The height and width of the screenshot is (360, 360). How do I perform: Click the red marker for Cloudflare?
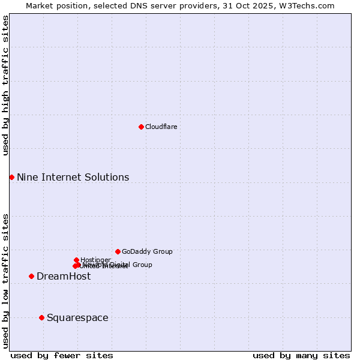(141, 127)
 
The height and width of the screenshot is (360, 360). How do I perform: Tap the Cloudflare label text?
(161, 127)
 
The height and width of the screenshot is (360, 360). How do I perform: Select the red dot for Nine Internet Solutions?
(11, 177)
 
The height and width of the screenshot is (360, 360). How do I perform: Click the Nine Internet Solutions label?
(73, 177)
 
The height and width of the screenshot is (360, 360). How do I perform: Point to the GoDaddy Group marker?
(118, 251)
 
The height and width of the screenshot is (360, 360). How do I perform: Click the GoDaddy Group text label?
(147, 251)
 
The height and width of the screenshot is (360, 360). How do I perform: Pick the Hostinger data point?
(76, 260)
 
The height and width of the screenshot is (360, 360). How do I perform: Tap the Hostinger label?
(95, 260)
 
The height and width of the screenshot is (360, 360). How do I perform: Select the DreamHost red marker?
(31, 276)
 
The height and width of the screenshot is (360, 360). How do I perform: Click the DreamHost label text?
(64, 276)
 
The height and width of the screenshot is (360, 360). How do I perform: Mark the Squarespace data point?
(41, 317)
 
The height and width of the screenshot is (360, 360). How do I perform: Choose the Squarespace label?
(77, 317)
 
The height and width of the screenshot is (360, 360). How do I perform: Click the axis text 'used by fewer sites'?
(62, 355)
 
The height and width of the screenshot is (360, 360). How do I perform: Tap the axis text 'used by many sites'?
(301, 355)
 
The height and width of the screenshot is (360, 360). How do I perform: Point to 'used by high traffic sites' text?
(5, 85)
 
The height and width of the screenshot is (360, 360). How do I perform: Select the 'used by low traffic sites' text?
(5, 280)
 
